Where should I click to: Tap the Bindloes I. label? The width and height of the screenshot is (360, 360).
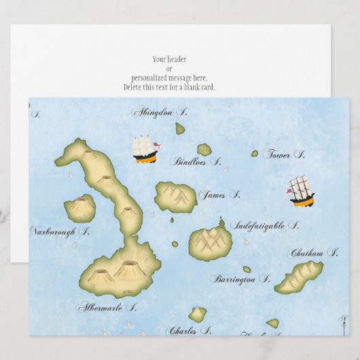[195, 162]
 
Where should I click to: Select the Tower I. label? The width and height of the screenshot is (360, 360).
[284, 155]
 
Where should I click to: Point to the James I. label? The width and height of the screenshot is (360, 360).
[219, 195]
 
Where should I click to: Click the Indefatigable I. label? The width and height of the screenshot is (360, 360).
[264, 226]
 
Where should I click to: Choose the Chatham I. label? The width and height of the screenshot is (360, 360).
[314, 253]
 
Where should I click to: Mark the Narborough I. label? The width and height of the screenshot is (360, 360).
[60, 231]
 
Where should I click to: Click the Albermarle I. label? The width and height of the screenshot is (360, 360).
[106, 307]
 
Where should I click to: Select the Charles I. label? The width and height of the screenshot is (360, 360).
[188, 331]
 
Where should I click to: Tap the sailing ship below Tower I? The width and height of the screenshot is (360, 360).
[301, 191]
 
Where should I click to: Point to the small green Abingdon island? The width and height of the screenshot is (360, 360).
[180, 128]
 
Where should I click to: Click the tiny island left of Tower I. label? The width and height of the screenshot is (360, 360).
[255, 154]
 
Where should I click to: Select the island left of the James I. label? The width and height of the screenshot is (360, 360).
[175, 197]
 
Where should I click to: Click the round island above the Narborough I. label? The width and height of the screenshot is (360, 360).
[79, 208]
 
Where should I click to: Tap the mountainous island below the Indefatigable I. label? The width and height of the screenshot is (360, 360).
[210, 242]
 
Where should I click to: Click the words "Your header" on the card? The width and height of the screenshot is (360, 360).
[170, 59]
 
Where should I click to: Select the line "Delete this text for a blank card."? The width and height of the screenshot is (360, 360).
[170, 88]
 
